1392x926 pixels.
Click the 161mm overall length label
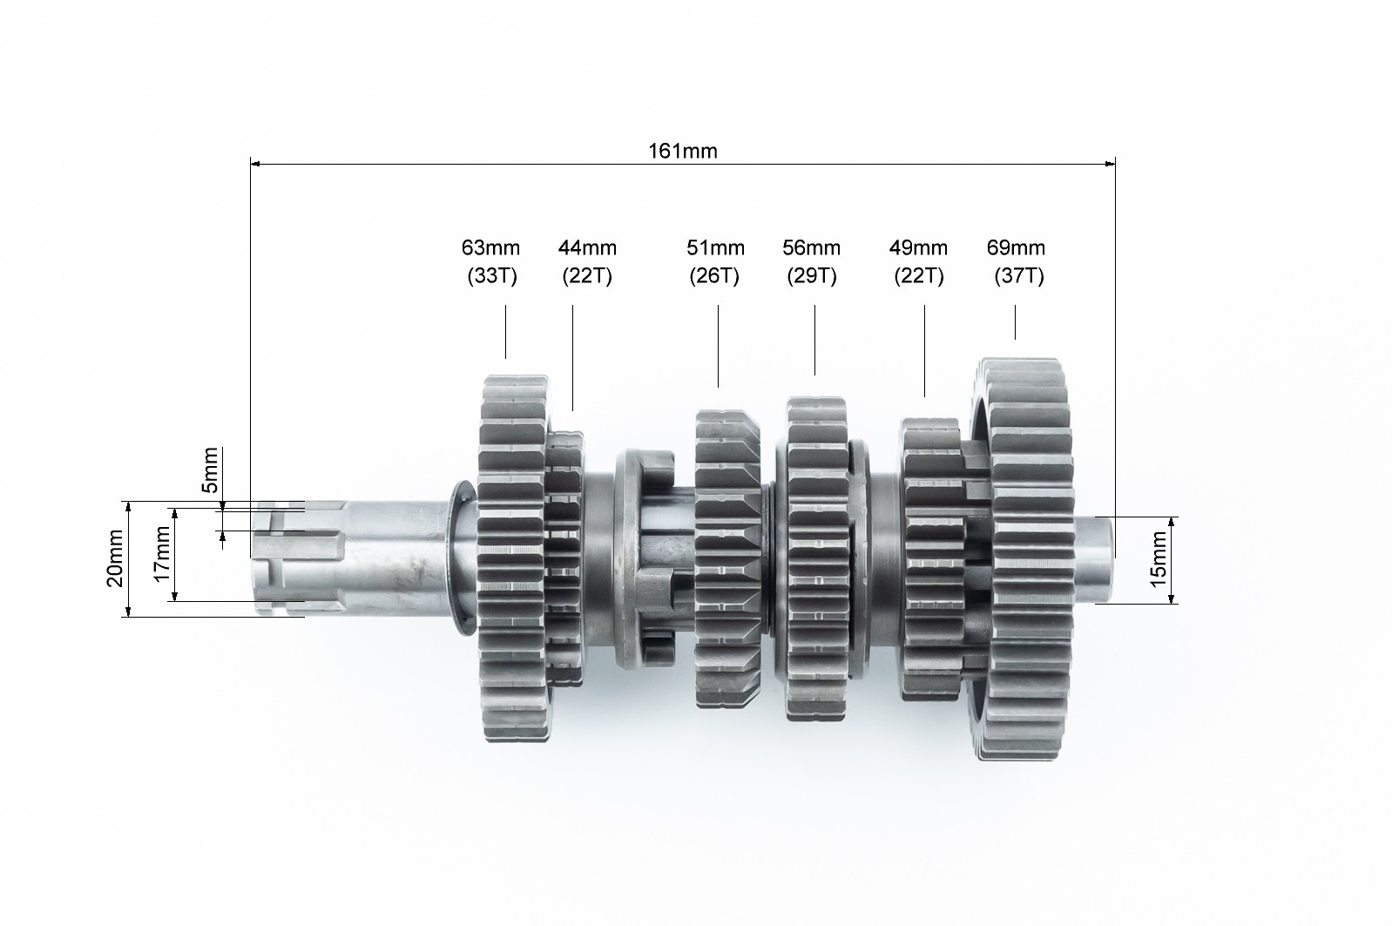tap(682, 151)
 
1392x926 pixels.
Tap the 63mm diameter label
tap(490, 247)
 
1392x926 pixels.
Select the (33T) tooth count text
tap(492, 275)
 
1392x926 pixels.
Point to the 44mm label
tap(587, 247)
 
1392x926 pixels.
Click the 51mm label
tap(715, 247)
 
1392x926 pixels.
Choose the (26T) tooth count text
tap(714, 275)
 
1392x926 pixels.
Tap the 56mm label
tap(811, 247)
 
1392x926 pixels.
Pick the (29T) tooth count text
tap(812, 275)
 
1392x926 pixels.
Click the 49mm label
tap(918, 247)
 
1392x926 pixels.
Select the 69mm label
tap(1016, 247)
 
